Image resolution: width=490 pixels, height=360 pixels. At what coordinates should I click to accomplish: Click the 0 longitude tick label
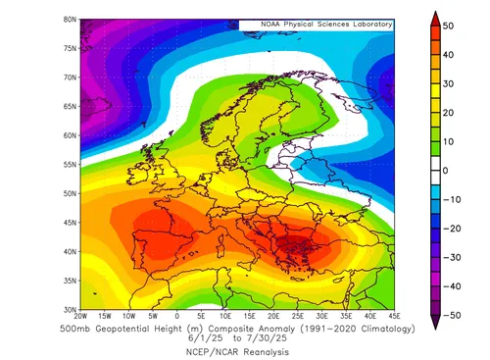click(176, 317)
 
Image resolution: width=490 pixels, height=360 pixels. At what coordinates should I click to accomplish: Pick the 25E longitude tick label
click(297, 317)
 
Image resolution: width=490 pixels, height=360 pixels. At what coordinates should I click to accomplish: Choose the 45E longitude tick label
click(393, 317)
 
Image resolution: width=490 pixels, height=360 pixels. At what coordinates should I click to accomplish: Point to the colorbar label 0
click(445, 170)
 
